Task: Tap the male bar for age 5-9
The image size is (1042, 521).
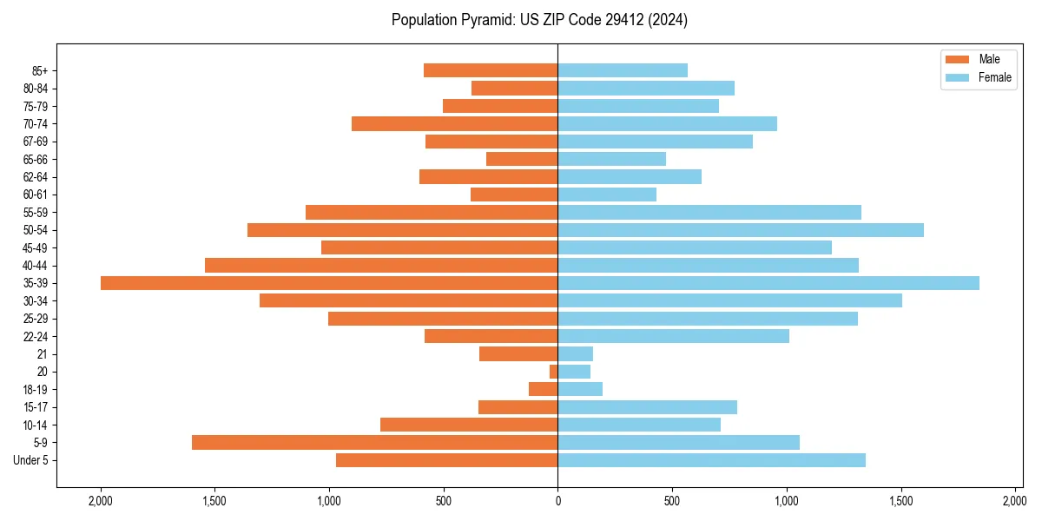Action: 374,443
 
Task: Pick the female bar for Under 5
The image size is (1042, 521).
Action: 711,460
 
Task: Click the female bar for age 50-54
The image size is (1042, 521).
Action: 741,230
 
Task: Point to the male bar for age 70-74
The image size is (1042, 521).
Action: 454,124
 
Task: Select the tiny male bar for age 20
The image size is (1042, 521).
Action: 553,372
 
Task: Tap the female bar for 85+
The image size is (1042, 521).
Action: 623,70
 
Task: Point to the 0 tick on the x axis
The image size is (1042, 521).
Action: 557,501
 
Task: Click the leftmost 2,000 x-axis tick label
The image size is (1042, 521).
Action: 101,501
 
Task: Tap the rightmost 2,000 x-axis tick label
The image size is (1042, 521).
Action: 1014,501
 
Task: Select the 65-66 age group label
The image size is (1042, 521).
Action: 36,160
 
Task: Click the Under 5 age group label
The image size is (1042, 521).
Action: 31,460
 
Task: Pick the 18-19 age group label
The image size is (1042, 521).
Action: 36,390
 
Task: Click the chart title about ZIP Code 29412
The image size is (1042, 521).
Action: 539,20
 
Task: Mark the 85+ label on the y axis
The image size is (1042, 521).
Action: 40,71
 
